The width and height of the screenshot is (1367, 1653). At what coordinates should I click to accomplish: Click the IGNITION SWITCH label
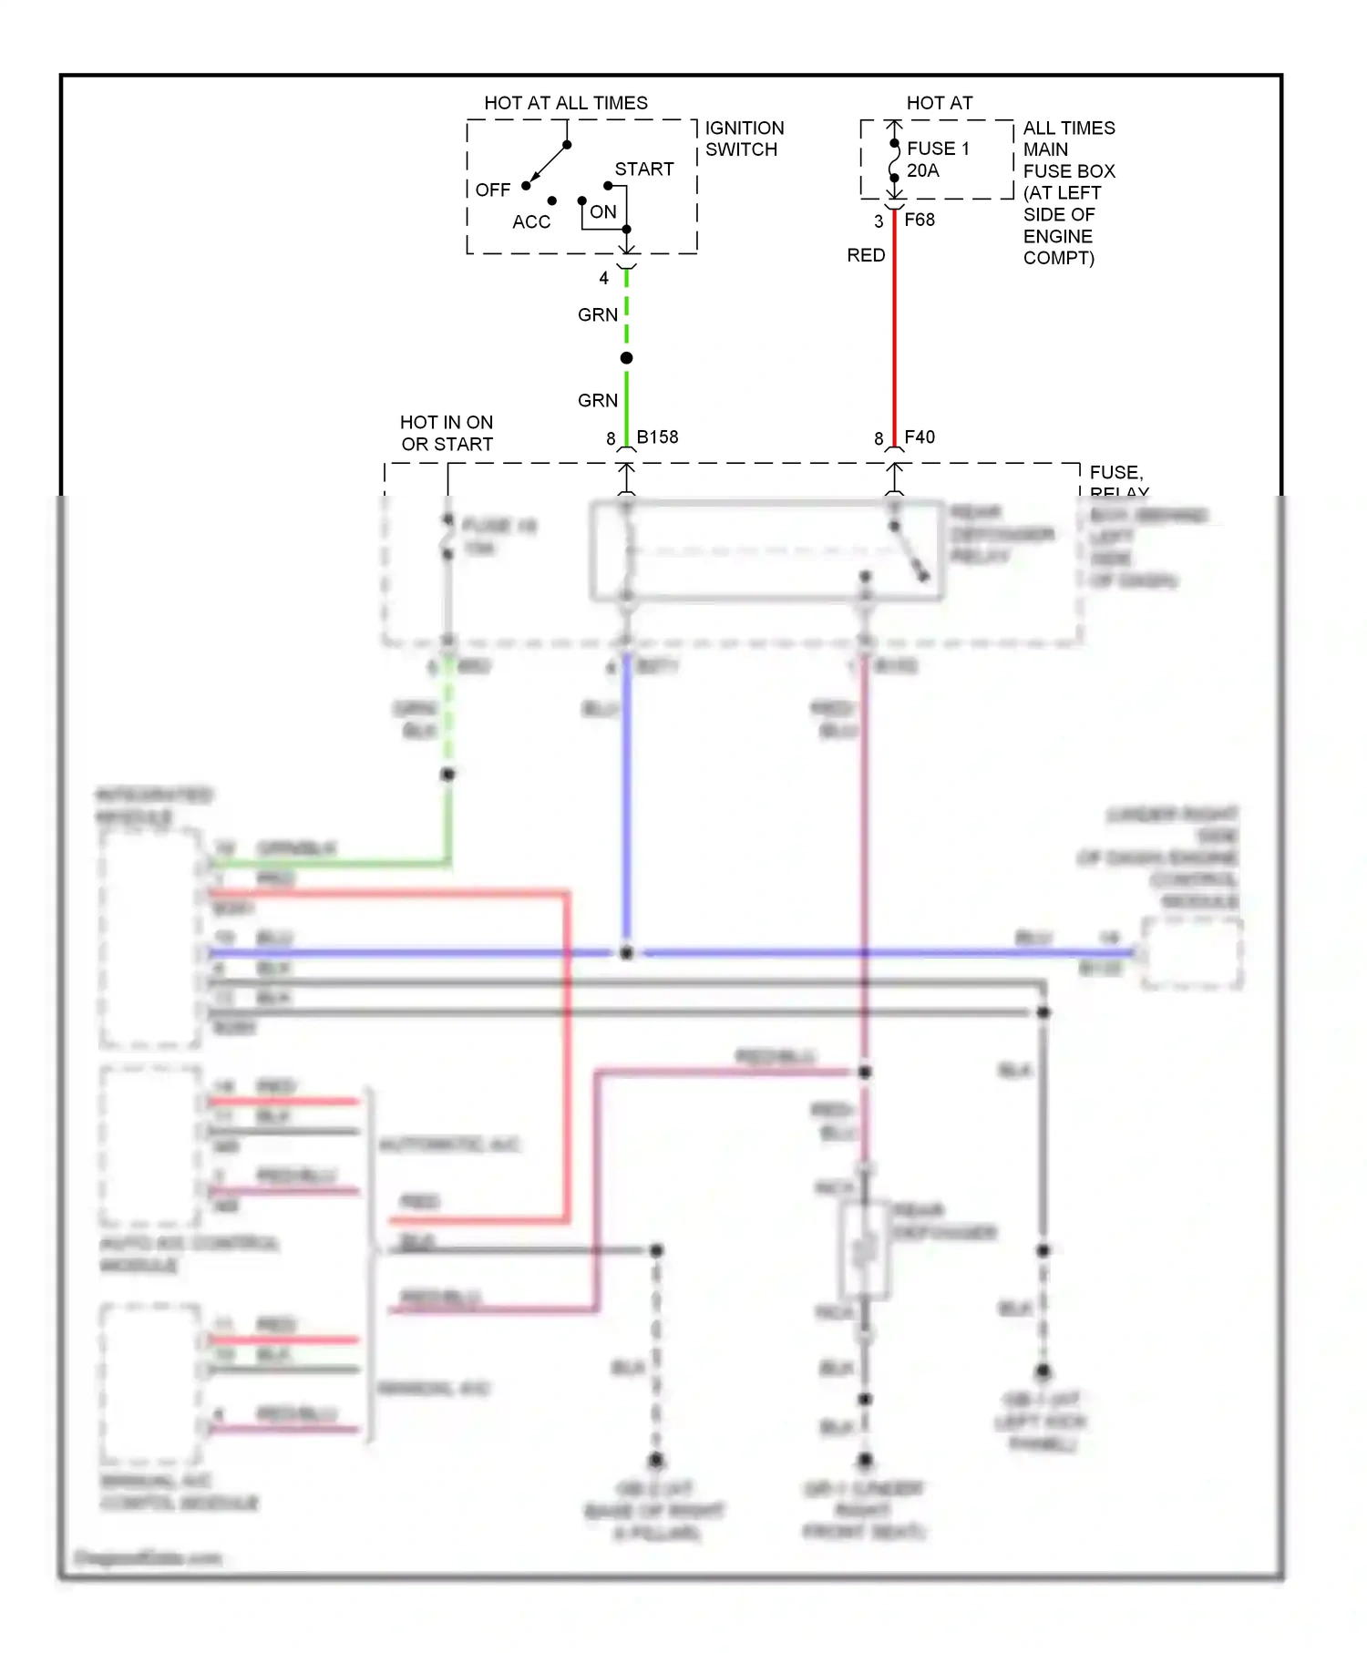744,139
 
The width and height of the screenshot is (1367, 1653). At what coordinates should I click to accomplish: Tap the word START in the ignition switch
643,169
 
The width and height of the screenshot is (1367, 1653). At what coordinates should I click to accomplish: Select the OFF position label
492,190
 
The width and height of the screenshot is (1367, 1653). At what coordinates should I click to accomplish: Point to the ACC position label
530,222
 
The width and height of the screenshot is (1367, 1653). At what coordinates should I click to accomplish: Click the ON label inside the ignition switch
602,212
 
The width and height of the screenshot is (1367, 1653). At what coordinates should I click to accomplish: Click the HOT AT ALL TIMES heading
565,103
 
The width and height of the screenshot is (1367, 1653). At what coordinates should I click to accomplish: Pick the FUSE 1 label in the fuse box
938,149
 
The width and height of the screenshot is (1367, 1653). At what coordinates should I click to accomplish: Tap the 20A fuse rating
922,170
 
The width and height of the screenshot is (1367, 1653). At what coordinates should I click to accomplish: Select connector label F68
919,220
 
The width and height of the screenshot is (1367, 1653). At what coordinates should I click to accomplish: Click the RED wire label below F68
865,255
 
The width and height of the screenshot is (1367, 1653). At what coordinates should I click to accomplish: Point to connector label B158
657,437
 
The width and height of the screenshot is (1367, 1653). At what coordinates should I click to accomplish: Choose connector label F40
919,437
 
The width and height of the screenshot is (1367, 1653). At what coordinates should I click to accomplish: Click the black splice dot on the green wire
626,358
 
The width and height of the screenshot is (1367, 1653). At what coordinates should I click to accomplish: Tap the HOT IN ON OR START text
447,434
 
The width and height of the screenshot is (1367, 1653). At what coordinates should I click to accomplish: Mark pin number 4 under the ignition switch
603,279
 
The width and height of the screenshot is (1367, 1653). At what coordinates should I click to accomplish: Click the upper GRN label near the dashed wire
597,315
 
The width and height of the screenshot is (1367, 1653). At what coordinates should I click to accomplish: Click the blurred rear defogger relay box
766,551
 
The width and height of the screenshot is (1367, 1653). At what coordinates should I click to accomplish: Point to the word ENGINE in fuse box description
1057,237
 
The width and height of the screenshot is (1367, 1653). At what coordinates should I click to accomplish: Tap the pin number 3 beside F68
878,221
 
